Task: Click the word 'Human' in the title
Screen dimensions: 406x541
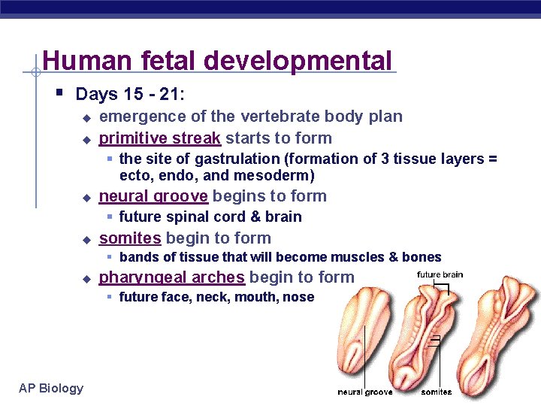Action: (76, 60)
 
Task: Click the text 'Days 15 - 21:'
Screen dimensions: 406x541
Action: (128, 95)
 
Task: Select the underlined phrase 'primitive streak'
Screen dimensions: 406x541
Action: (159, 138)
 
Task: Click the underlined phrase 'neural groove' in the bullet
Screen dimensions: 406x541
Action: (153, 196)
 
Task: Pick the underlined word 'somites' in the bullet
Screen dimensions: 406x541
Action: (130, 238)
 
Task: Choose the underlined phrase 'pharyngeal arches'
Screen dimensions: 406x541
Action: (172, 277)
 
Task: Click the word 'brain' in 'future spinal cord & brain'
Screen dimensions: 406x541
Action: (285, 217)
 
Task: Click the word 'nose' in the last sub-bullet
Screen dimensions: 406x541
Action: (298, 297)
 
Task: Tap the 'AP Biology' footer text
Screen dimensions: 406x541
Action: (52, 388)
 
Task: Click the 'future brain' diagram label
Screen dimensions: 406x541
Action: (440, 274)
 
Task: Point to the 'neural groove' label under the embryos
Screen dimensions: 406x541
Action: (364, 392)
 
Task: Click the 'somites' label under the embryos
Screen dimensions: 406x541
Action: (437, 392)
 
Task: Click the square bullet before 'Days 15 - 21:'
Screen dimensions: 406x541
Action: (59, 93)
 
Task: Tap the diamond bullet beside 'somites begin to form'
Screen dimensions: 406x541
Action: (86, 239)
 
